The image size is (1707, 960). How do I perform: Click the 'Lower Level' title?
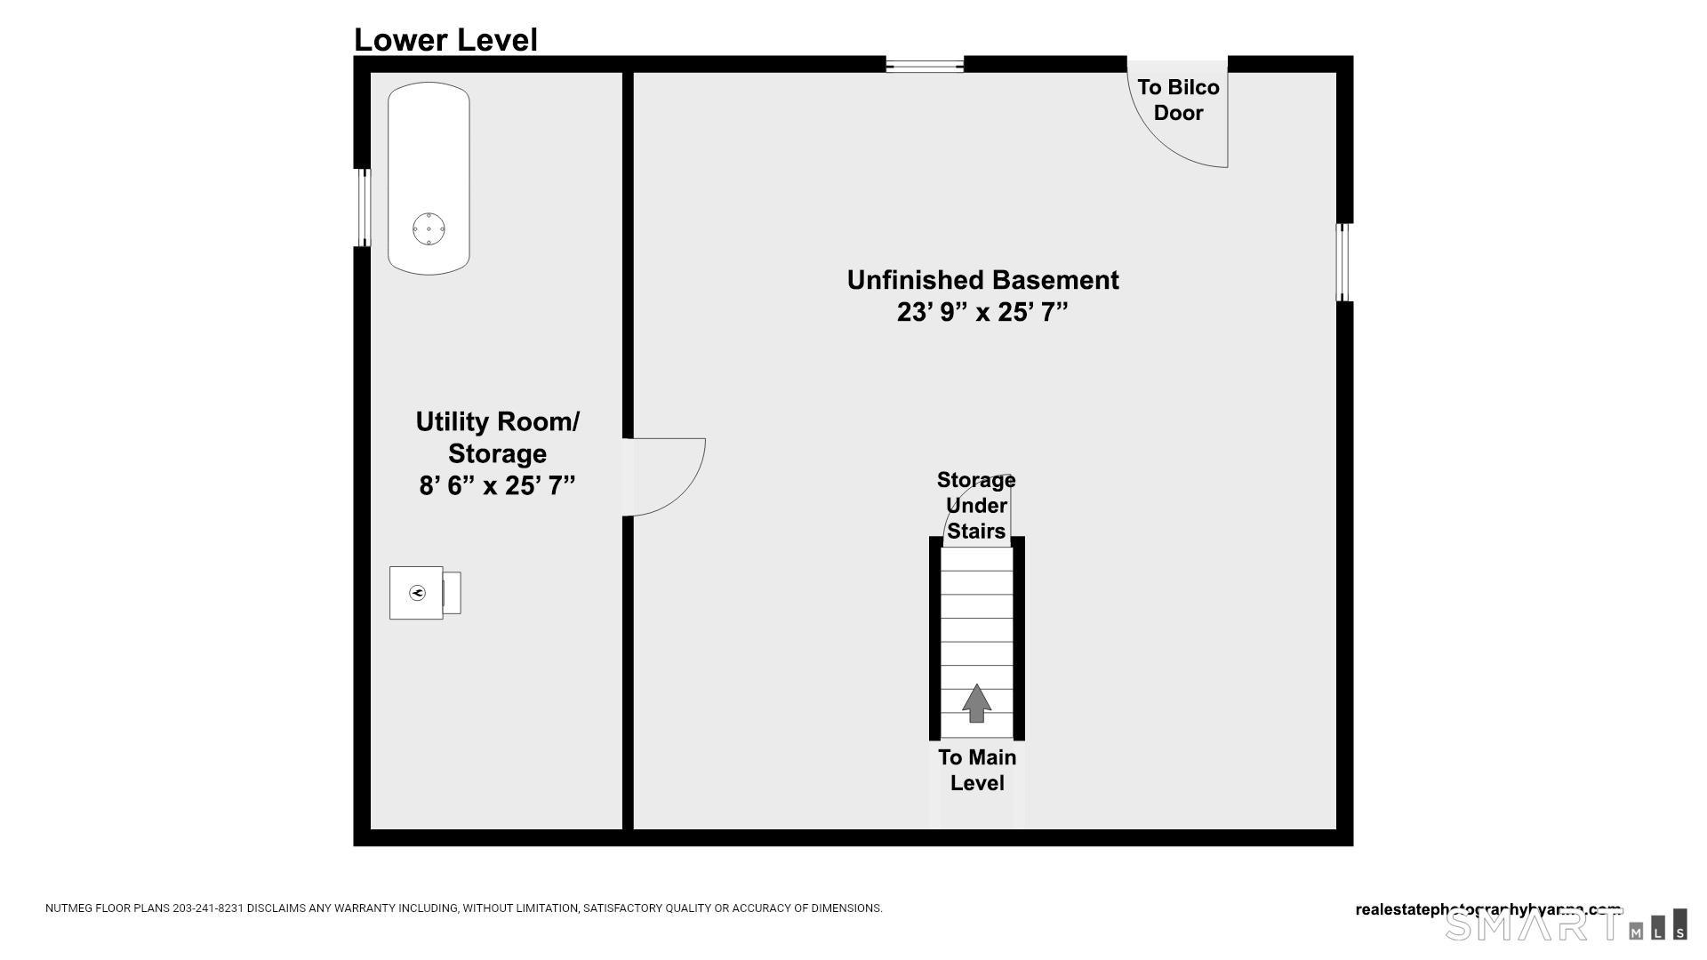[x=445, y=40]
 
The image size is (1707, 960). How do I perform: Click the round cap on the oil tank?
[x=429, y=229]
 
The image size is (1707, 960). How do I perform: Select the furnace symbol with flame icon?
[x=417, y=593]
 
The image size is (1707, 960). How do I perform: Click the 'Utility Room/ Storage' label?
[x=497, y=436]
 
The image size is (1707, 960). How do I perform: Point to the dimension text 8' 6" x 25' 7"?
[x=497, y=486]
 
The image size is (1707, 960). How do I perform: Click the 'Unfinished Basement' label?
[x=982, y=280]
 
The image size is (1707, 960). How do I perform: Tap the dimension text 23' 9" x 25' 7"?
[x=982, y=313]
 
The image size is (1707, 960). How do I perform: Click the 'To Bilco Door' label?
[x=1178, y=100]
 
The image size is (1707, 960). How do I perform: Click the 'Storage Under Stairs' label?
[x=976, y=505]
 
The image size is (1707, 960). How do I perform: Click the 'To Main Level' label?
[x=977, y=770]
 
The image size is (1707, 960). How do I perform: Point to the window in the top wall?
[x=925, y=64]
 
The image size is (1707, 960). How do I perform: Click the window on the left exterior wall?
[x=363, y=208]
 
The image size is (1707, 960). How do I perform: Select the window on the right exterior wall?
[x=1344, y=262]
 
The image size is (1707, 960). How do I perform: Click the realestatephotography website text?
[x=1488, y=909]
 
